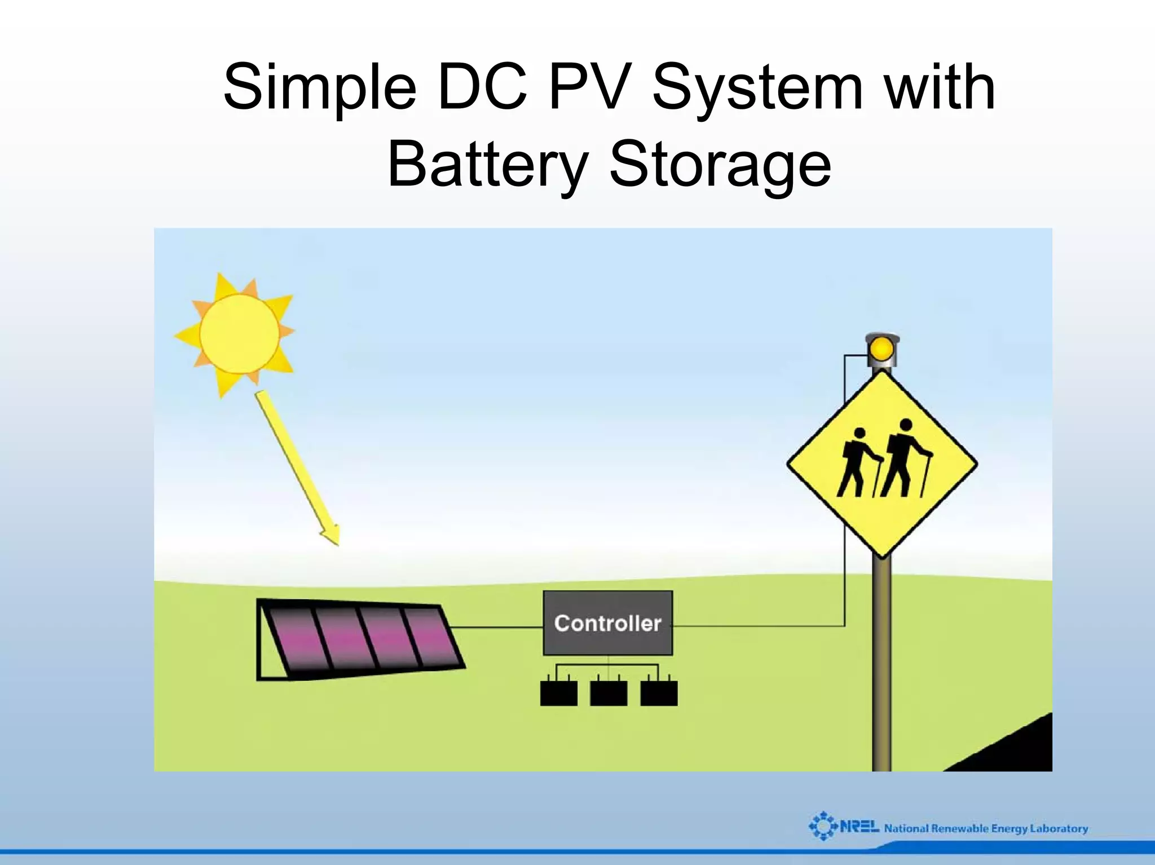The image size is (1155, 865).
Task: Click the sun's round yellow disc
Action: [239, 334]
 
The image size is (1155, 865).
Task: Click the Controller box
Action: [607, 623]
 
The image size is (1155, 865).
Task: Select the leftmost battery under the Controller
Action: [558, 693]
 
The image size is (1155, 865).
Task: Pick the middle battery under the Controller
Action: [609, 693]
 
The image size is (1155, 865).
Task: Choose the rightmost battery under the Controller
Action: [659, 693]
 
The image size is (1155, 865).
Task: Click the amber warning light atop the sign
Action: [881, 349]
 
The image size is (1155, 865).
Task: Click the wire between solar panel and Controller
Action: [496, 627]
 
